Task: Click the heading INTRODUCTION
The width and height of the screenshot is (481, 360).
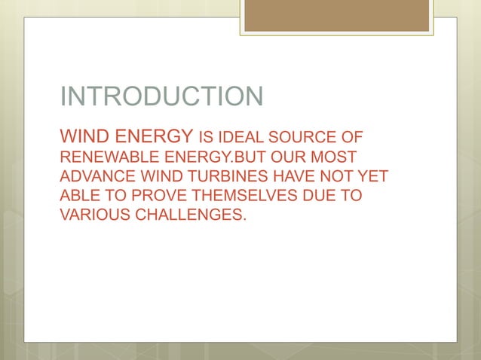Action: click(161, 97)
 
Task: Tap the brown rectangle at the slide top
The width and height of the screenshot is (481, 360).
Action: click(336, 15)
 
